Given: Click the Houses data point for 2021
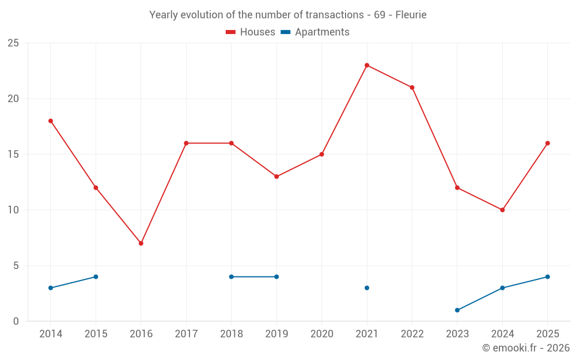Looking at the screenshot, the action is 366,66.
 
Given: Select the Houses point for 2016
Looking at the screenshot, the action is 141,243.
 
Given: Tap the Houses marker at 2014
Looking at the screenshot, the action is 51,121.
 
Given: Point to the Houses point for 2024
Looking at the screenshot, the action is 502,210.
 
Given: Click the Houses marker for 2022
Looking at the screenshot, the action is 412,88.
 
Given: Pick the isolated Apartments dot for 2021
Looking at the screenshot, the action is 366,287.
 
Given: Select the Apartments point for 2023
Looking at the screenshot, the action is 457,310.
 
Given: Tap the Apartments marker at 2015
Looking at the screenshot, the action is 96,276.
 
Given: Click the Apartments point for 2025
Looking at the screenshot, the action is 547,276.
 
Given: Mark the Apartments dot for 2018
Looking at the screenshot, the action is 232,276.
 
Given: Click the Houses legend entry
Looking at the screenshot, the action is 251,32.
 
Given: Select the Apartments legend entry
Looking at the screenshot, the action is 315,32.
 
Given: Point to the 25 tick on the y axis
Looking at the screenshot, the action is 13,43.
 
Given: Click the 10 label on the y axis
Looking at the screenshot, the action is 13,210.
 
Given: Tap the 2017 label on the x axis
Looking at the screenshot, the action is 186,334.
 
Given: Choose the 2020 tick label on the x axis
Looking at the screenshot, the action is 322,334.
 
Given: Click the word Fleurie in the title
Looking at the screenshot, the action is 411,15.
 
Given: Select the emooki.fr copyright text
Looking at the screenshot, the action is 526,347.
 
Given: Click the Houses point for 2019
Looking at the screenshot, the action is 276,176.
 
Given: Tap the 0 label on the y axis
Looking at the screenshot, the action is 16,321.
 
